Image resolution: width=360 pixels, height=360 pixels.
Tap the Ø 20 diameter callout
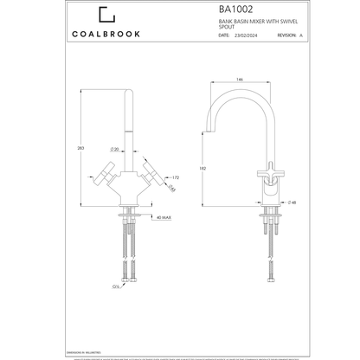(138, 150)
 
